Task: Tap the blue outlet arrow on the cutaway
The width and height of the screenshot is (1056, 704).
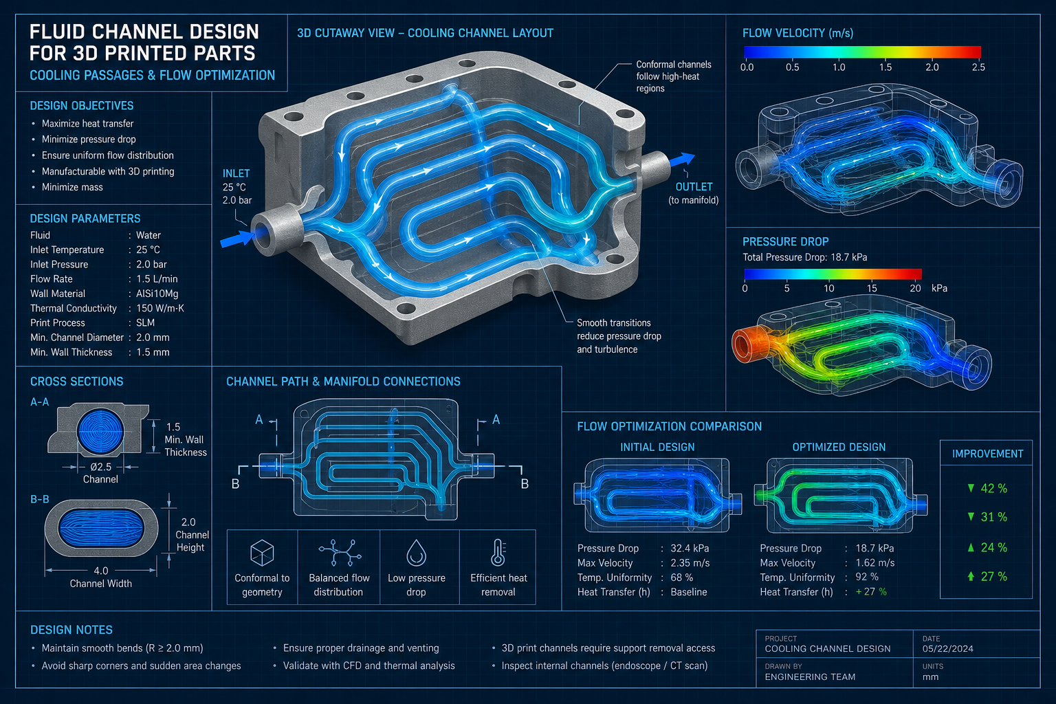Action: (x=682, y=160)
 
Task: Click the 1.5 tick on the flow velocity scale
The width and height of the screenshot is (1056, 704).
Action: (x=885, y=67)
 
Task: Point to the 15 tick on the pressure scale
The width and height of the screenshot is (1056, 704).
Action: (x=872, y=288)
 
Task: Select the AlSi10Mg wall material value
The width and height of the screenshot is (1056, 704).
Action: (x=157, y=294)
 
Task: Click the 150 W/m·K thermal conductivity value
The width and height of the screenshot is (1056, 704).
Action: (x=159, y=309)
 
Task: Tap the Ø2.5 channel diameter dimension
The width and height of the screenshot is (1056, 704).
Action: (x=100, y=467)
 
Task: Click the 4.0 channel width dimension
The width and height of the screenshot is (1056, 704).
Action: (x=101, y=571)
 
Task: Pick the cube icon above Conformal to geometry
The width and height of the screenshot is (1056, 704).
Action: (x=262, y=553)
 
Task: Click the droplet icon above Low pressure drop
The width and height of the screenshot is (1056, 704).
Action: (x=416, y=553)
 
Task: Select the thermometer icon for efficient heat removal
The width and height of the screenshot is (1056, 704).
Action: (x=498, y=552)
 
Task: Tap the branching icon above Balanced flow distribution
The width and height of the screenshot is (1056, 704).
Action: (x=340, y=553)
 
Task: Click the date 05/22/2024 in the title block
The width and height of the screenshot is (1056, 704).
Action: (x=947, y=649)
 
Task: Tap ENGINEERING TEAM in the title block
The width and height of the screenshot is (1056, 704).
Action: (x=810, y=677)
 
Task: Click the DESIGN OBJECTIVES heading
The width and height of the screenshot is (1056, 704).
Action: (x=82, y=106)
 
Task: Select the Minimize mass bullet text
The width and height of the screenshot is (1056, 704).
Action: (x=72, y=187)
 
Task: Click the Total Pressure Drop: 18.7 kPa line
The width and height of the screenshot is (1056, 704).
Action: (x=805, y=257)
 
